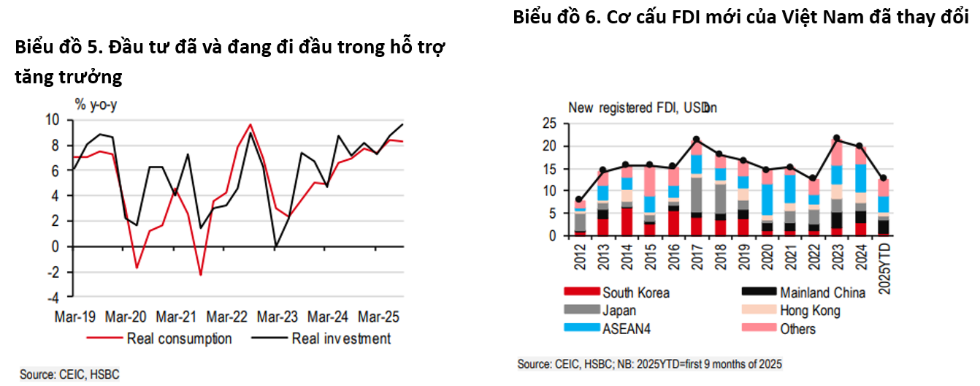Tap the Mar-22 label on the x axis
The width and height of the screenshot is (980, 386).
(x=227, y=317)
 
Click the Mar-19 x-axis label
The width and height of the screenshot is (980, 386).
(x=75, y=317)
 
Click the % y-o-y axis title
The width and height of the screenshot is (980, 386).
(x=96, y=105)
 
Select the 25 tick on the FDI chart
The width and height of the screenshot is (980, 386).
(x=550, y=124)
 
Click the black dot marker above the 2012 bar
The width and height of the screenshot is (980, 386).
(x=579, y=199)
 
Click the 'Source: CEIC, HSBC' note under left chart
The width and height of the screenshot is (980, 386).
(x=69, y=374)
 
